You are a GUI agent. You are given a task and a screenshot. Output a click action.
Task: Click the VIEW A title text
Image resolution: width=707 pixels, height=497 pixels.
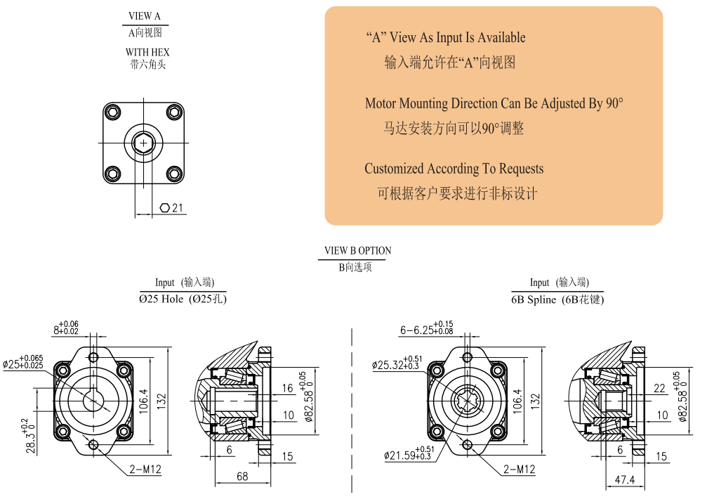[x=145, y=16]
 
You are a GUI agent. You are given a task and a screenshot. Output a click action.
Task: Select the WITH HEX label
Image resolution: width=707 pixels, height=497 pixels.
[x=147, y=52]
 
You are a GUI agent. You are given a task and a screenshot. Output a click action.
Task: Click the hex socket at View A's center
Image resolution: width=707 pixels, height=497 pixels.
[x=144, y=143]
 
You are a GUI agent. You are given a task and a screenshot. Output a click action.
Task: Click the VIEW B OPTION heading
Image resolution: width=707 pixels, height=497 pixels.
[x=357, y=251]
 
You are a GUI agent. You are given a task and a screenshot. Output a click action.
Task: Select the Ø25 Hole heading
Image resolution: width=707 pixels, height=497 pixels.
[x=183, y=299]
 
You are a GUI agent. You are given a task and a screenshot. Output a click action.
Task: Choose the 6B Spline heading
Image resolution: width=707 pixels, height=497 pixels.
[x=557, y=299]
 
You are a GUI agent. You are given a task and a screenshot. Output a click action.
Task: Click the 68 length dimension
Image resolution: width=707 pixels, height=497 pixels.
[x=242, y=477]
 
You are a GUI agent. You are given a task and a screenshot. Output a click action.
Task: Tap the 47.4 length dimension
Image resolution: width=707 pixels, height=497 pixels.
[x=623, y=479]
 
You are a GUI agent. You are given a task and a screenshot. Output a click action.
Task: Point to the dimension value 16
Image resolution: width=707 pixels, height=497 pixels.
[x=288, y=389]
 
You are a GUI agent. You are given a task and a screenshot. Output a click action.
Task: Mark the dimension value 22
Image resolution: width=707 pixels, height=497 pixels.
[x=659, y=389]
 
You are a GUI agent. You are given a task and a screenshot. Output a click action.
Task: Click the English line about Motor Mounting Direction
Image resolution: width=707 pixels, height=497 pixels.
[x=494, y=104]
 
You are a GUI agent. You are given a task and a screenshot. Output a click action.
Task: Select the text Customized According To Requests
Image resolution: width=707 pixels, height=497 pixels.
[x=454, y=169]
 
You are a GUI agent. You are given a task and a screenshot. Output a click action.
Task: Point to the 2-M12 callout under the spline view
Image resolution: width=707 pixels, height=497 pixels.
[x=519, y=469]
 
